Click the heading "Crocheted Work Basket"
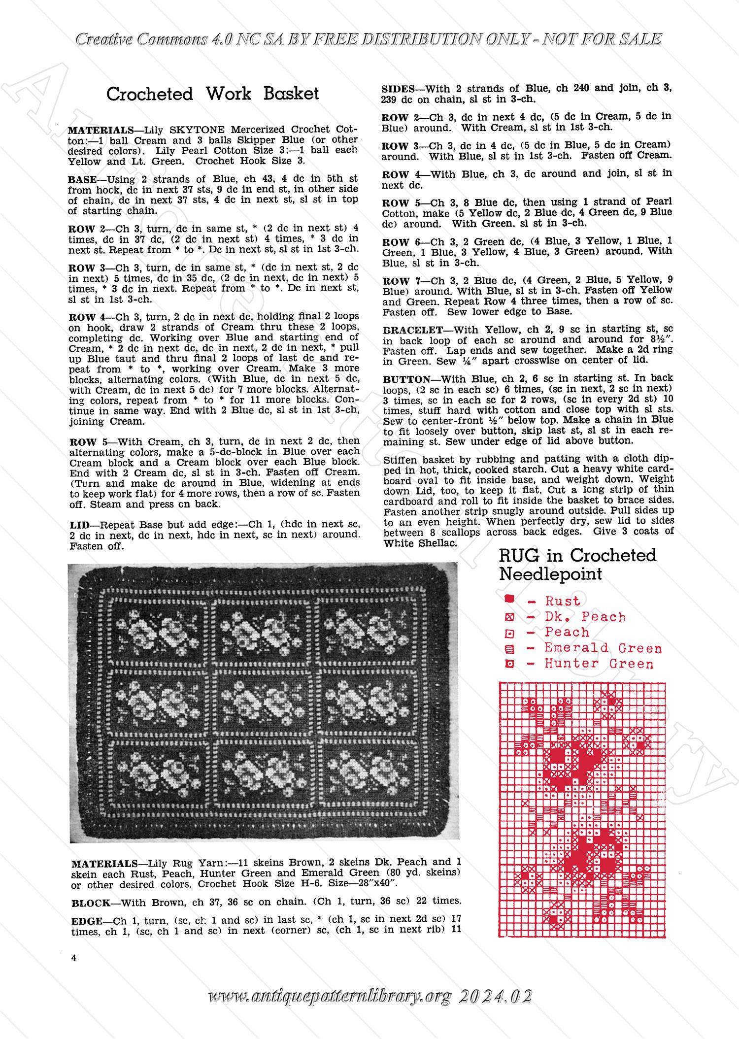point(212,94)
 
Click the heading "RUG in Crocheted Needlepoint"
point(577,564)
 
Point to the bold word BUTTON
point(402,379)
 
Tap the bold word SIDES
point(398,89)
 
